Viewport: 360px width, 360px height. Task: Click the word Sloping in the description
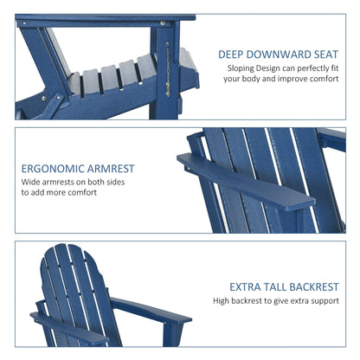point(242,67)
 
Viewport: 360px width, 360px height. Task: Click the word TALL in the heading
point(280,286)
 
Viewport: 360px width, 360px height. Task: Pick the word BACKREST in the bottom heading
point(320,286)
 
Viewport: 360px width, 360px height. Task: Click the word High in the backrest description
point(225,301)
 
